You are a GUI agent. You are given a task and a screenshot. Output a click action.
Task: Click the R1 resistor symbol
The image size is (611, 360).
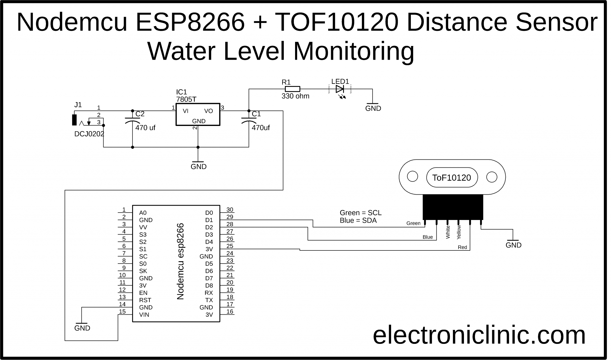pos(292,89)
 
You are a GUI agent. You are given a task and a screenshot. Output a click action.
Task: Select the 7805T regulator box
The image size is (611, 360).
pos(198,115)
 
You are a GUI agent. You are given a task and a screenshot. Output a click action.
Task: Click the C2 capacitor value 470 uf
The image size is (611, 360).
pos(145,128)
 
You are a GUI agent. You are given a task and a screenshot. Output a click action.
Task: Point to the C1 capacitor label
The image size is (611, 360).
pos(256,114)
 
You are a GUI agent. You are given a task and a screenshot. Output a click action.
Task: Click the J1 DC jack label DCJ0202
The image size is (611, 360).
pos(89,134)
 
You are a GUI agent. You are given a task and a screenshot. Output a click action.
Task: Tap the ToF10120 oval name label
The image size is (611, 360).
pos(451,178)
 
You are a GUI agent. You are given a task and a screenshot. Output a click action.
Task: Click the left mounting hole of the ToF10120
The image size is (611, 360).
pos(412,176)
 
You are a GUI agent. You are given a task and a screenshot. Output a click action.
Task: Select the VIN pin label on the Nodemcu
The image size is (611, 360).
pos(144,315)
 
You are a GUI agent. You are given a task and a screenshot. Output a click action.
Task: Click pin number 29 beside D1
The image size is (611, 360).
pos(230,217)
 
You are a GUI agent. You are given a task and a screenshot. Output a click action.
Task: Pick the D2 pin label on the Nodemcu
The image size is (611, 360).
pos(209,227)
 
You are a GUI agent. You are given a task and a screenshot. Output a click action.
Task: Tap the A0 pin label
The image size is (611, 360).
pos(143,213)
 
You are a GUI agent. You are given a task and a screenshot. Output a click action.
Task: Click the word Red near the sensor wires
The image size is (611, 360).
pos(462,247)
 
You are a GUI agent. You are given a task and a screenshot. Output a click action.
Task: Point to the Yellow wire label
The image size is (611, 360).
pos(459,232)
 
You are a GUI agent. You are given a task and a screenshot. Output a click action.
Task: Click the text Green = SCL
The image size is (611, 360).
pos(360,213)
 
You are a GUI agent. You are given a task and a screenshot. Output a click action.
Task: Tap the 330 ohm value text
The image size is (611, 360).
pos(295,96)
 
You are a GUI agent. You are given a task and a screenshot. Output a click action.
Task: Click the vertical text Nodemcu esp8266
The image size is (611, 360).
pos(180,261)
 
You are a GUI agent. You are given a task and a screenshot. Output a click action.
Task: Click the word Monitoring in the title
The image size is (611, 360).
pos(354,51)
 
